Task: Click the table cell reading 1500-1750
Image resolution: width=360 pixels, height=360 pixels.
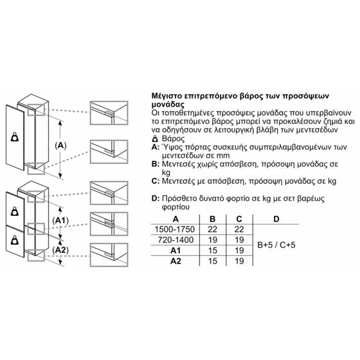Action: point(175,229)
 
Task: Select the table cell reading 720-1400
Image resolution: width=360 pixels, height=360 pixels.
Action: point(175,240)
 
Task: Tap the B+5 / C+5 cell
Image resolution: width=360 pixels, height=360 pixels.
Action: point(276,245)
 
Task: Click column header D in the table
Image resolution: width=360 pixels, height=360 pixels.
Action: point(276,219)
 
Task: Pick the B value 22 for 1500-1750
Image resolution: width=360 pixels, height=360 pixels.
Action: point(213,229)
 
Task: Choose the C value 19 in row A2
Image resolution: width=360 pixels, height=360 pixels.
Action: point(239,261)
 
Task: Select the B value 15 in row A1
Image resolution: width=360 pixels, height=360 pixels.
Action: point(213,251)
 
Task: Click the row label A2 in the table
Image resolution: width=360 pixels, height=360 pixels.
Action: point(175,261)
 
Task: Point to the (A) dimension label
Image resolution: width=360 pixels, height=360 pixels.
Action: point(60,145)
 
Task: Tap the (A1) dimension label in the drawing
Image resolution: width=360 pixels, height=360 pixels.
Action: point(60,221)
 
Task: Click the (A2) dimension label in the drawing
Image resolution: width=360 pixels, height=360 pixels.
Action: point(60,250)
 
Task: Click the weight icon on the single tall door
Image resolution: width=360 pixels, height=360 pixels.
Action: point(15,137)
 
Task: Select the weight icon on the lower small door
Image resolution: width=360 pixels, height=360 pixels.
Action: point(15,240)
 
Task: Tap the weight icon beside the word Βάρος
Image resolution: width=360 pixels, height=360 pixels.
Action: point(155,139)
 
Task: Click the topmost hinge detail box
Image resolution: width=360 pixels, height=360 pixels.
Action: point(109,113)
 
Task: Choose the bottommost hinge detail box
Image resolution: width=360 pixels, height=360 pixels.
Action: point(109,255)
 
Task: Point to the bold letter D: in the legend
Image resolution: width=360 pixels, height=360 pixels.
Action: point(156,199)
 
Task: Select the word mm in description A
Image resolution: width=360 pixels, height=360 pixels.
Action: point(224,156)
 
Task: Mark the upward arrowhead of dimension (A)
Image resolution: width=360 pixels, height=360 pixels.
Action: point(60,123)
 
